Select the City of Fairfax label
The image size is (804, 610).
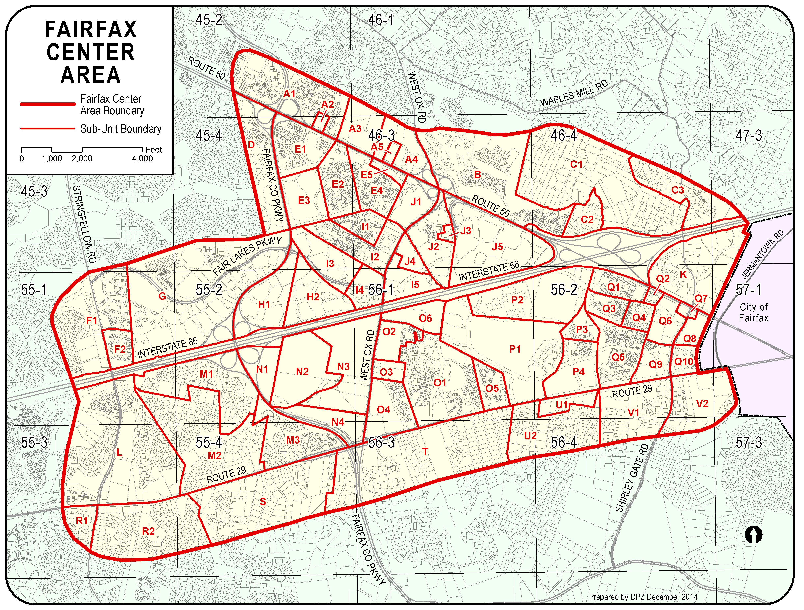click(753, 312)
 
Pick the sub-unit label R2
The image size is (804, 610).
click(148, 531)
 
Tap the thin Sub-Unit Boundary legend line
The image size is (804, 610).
click(47, 128)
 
